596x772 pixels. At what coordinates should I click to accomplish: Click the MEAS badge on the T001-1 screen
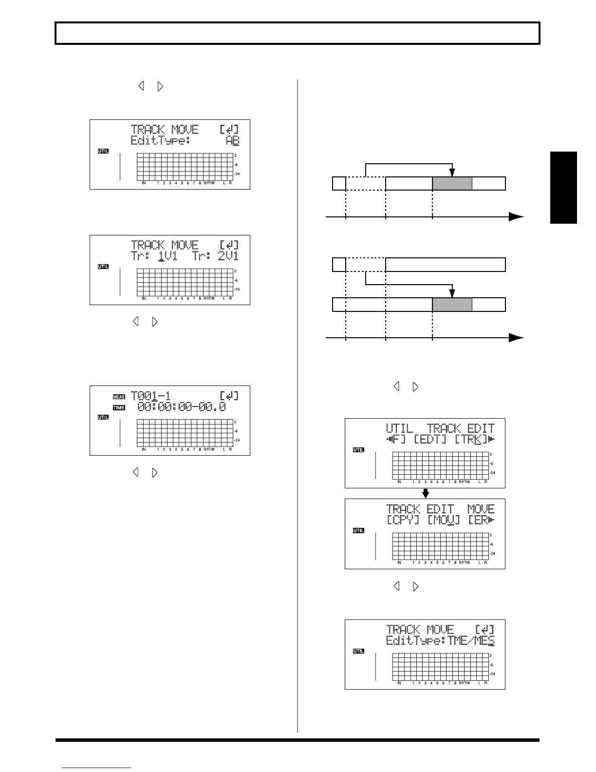119,397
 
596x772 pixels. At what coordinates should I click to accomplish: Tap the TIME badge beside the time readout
119,407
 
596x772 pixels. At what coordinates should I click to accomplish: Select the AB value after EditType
232,141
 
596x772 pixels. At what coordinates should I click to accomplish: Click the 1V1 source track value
168,256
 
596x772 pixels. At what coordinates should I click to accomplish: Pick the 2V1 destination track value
228,256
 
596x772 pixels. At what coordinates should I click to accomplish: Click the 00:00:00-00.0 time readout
182,407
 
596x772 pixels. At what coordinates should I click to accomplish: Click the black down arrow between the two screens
425,493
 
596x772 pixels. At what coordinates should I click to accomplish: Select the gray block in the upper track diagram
452,184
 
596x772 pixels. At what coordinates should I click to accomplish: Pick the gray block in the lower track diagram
452,305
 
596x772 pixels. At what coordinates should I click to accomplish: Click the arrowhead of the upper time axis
516,217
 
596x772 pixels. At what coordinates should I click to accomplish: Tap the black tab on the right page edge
563,188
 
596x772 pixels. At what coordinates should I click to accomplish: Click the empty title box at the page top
298,34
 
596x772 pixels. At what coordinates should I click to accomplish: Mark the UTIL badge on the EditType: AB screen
103,151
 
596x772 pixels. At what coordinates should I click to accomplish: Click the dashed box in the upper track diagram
365,183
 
